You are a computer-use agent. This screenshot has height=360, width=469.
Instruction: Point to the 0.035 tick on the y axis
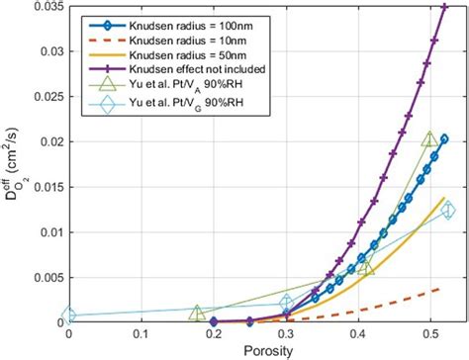[x=45, y=6]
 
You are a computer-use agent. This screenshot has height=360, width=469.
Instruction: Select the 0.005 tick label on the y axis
[x=45, y=277]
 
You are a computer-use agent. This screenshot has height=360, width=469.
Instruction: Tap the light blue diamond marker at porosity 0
[x=68, y=315]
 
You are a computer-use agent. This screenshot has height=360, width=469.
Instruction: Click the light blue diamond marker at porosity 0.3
[x=286, y=304]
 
